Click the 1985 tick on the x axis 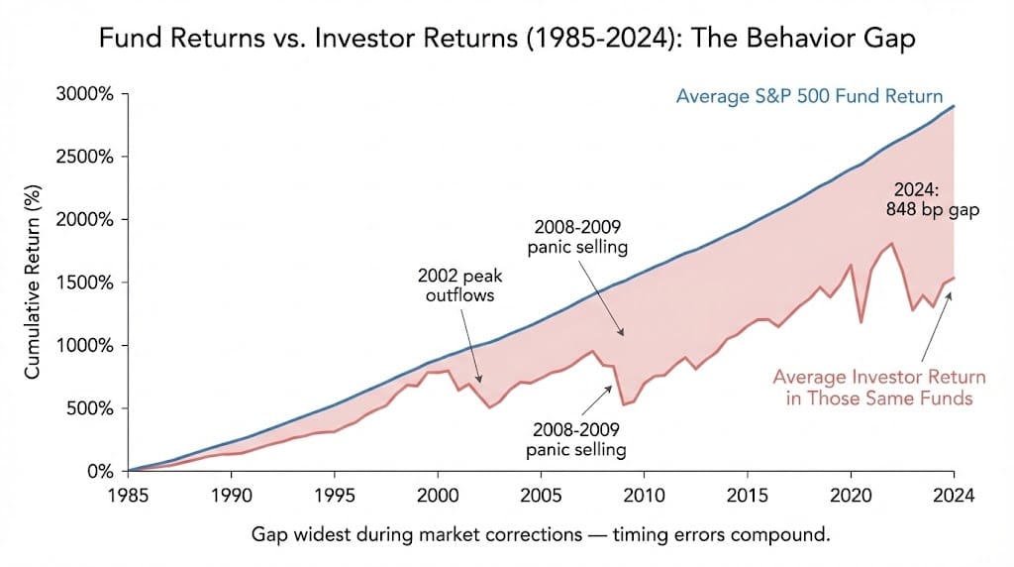click(x=129, y=493)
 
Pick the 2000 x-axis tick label click(x=437, y=493)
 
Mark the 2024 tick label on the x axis click(x=954, y=493)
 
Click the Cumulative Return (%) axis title click(x=33, y=283)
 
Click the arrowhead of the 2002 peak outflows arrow click(x=482, y=382)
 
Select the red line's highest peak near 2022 click(x=892, y=244)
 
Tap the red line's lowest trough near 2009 click(x=623, y=404)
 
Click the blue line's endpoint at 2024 click(x=954, y=106)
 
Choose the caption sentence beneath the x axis click(x=541, y=535)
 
